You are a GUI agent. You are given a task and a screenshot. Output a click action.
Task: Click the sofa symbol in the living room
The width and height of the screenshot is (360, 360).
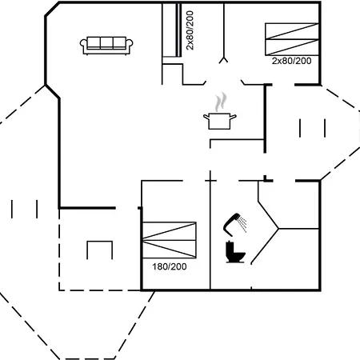[x=106, y=46]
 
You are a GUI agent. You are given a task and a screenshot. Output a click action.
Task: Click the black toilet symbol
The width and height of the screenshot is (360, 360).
[x=235, y=252]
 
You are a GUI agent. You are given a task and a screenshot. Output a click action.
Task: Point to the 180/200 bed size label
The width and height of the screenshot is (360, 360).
[x=170, y=266]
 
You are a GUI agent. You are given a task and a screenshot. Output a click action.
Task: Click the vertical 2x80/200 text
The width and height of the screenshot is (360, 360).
[x=190, y=30]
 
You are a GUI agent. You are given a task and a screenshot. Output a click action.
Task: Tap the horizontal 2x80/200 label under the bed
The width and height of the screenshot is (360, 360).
[x=291, y=61]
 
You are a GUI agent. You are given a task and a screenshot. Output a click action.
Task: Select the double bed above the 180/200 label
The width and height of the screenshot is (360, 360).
[x=170, y=240]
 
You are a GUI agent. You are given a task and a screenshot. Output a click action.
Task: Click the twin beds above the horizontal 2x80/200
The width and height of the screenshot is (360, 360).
[x=292, y=39]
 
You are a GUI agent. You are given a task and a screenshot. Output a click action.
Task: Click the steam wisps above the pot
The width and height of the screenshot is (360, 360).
[x=221, y=102]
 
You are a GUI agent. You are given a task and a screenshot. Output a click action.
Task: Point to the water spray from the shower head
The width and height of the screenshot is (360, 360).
[x=243, y=224]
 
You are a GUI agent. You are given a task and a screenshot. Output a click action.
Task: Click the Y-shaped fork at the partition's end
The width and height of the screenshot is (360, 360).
[x=224, y=60]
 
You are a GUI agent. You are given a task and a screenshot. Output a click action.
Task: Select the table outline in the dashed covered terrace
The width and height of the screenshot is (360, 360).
[x=99, y=250]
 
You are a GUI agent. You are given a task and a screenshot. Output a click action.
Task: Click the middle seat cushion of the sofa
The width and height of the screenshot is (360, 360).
[x=106, y=42]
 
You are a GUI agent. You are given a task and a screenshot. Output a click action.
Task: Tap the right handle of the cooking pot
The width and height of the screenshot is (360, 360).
[x=233, y=117]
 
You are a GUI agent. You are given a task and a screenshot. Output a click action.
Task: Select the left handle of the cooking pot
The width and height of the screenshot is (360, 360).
[x=206, y=117]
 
